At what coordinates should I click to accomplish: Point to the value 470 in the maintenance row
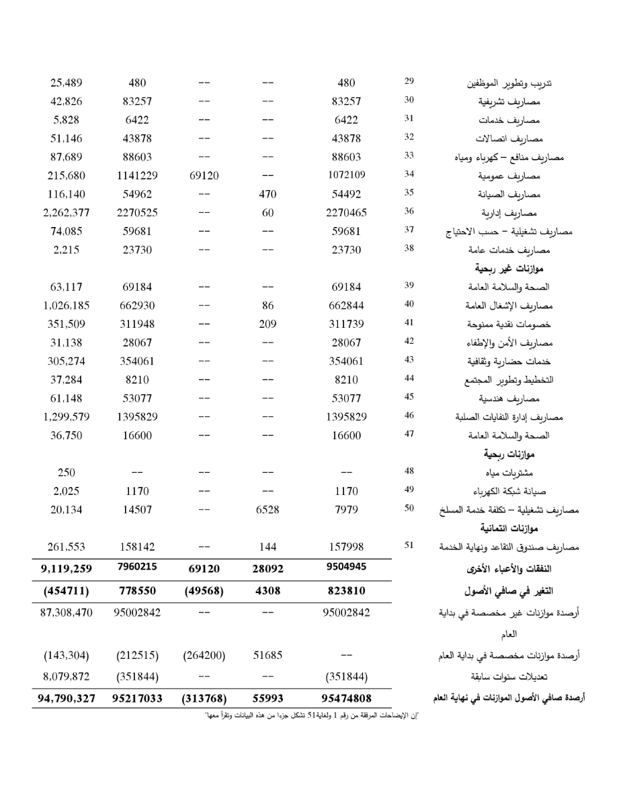point(268,194)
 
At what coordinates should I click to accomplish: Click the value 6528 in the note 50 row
point(268,510)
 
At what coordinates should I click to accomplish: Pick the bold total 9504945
point(346,567)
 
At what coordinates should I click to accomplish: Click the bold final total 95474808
point(346,699)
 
